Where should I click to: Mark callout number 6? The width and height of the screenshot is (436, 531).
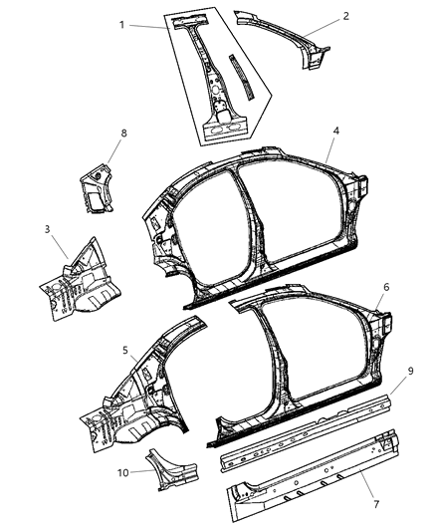[x=384, y=287]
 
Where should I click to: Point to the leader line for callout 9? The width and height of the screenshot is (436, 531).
[x=394, y=383]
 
